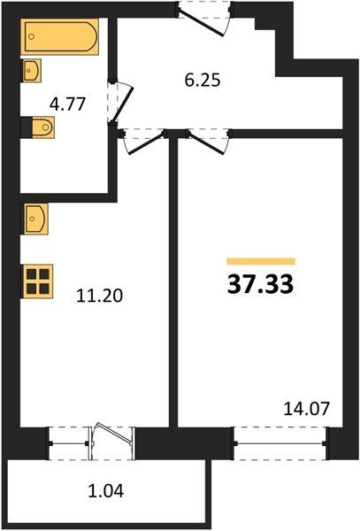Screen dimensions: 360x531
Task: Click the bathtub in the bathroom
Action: pyautogui.click(x=59, y=36)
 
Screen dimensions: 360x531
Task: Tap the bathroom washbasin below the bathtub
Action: pyautogui.click(x=32, y=71)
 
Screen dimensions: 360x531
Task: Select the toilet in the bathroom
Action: pyautogui.click(x=37, y=127)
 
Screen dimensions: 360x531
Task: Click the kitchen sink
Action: pyautogui.click(x=35, y=219)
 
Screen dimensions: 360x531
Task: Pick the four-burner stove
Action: pyautogui.click(x=37, y=281)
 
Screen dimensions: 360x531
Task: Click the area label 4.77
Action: pyautogui.click(x=67, y=104)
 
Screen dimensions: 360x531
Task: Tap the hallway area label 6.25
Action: pyautogui.click(x=203, y=81)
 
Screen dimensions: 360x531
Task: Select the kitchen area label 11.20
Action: pyautogui.click(x=99, y=296)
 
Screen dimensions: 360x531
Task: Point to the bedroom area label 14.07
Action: pyautogui.click(x=306, y=408)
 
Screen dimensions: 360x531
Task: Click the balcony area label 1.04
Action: pyautogui.click(x=106, y=491)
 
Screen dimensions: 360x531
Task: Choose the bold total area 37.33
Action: pyautogui.click(x=261, y=284)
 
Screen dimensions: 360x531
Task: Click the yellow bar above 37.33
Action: pyautogui.click(x=261, y=261)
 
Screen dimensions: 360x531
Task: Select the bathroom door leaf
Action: pyautogui.click(x=122, y=104)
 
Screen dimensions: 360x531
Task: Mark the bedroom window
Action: pyautogui.click(x=280, y=443)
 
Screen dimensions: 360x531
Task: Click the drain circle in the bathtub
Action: pyautogui.click(x=32, y=36)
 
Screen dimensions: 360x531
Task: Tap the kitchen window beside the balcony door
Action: pyautogui.click(x=69, y=443)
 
